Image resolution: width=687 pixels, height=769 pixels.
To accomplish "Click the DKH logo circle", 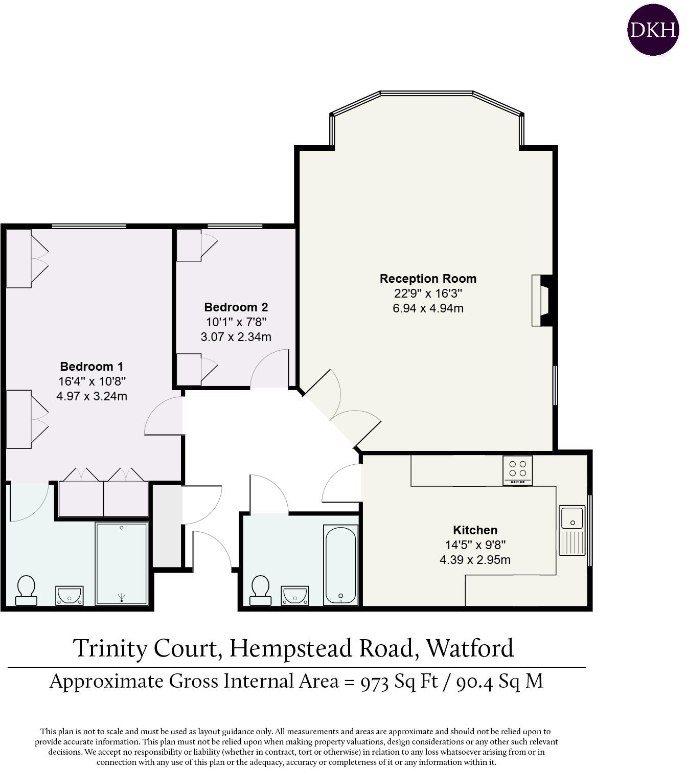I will tap(653, 30).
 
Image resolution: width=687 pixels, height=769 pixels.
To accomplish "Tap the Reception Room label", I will tap(428, 279).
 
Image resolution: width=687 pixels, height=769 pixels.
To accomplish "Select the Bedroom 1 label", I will tap(91, 367).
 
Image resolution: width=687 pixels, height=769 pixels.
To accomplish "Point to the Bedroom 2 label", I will tap(236, 307).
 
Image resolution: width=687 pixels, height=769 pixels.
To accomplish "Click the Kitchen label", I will tap(475, 530).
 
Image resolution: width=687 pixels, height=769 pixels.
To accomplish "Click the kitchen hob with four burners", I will tap(517, 470).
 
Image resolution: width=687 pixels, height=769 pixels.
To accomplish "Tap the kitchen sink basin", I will tap(572, 517).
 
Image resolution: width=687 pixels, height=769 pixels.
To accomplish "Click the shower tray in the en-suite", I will tap(122, 562).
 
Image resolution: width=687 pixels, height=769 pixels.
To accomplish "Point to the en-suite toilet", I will tap(26, 590).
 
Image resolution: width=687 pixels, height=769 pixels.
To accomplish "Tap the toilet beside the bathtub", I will tap(260, 590).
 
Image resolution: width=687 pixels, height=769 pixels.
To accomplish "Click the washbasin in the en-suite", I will tap(69, 595).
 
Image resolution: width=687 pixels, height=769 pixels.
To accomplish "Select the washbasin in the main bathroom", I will tap(295, 595).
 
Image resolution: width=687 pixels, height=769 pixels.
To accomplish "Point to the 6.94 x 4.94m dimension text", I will tap(428, 308).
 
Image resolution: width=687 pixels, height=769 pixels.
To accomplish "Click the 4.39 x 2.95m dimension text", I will tap(475, 560).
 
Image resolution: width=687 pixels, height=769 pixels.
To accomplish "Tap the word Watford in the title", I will tap(470, 648).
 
